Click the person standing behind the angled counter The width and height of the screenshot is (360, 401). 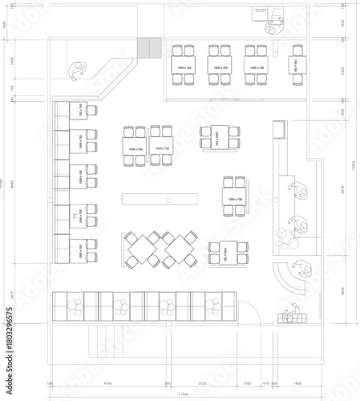click(x=79, y=71)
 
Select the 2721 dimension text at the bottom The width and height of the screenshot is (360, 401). click(x=203, y=384)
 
